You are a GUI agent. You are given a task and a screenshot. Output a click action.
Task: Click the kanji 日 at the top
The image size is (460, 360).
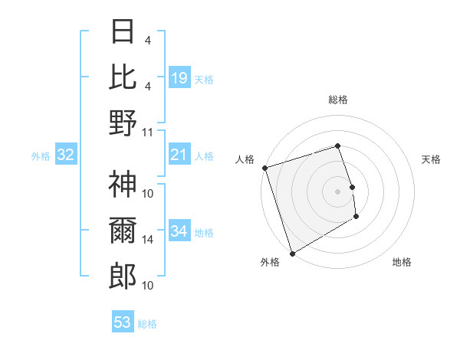(x=123, y=33)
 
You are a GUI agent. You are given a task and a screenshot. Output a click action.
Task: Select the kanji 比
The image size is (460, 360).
(x=123, y=77)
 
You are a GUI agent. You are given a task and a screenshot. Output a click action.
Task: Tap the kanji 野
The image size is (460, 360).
(x=123, y=123)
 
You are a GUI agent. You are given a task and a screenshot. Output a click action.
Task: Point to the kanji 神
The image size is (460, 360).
(x=123, y=185)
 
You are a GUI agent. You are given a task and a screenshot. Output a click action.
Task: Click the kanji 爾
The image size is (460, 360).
(x=123, y=230)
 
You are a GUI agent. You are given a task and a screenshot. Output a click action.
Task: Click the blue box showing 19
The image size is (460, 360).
(x=179, y=77)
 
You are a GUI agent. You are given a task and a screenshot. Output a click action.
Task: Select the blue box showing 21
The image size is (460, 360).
(x=179, y=155)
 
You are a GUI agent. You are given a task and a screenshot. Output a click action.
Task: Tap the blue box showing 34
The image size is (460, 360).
(x=179, y=231)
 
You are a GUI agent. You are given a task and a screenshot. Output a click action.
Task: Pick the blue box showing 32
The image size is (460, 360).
(x=65, y=155)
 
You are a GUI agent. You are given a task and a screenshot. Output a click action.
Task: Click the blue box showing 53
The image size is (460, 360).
(x=123, y=322)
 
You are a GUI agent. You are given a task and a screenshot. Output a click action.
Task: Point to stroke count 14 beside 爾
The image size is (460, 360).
(x=148, y=240)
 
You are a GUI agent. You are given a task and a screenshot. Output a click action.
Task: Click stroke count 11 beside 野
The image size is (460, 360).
(x=148, y=132)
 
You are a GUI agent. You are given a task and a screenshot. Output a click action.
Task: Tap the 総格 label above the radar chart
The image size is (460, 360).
(x=337, y=100)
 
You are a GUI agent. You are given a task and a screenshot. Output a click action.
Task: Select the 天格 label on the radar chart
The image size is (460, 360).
(x=431, y=159)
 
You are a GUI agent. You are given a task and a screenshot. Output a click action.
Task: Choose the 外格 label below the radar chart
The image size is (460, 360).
(x=270, y=262)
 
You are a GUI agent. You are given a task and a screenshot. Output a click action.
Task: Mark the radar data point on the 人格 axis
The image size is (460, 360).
(x=264, y=168)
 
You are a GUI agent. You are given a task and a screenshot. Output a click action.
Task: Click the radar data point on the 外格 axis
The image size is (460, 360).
(x=292, y=254)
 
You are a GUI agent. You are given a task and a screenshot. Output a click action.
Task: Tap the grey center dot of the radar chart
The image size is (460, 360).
(x=337, y=191)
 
